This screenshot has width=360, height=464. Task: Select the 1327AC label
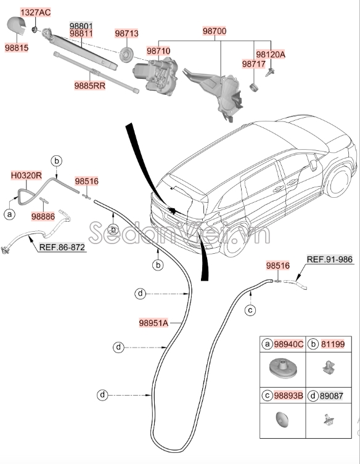pos(36,12)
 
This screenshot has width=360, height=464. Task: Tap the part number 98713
pos(126,33)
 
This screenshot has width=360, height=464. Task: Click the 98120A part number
pos(271,54)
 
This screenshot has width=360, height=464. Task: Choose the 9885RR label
pos(90,86)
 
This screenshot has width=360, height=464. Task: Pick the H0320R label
pos(27,176)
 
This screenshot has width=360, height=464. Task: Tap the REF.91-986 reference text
pos(330,259)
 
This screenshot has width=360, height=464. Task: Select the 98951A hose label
pos(153,321)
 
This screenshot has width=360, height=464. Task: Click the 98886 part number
pos(44,216)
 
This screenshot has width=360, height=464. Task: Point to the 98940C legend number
pos(288,344)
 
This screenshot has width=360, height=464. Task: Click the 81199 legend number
pos(333,344)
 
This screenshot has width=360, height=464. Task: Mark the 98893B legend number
pos(288,395)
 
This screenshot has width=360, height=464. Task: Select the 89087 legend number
pos(333,395)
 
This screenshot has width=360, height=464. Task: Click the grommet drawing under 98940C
pos(282,370)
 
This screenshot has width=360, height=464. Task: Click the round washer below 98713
pos(126,53)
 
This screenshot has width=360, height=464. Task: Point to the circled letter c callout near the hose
pos(250,310)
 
